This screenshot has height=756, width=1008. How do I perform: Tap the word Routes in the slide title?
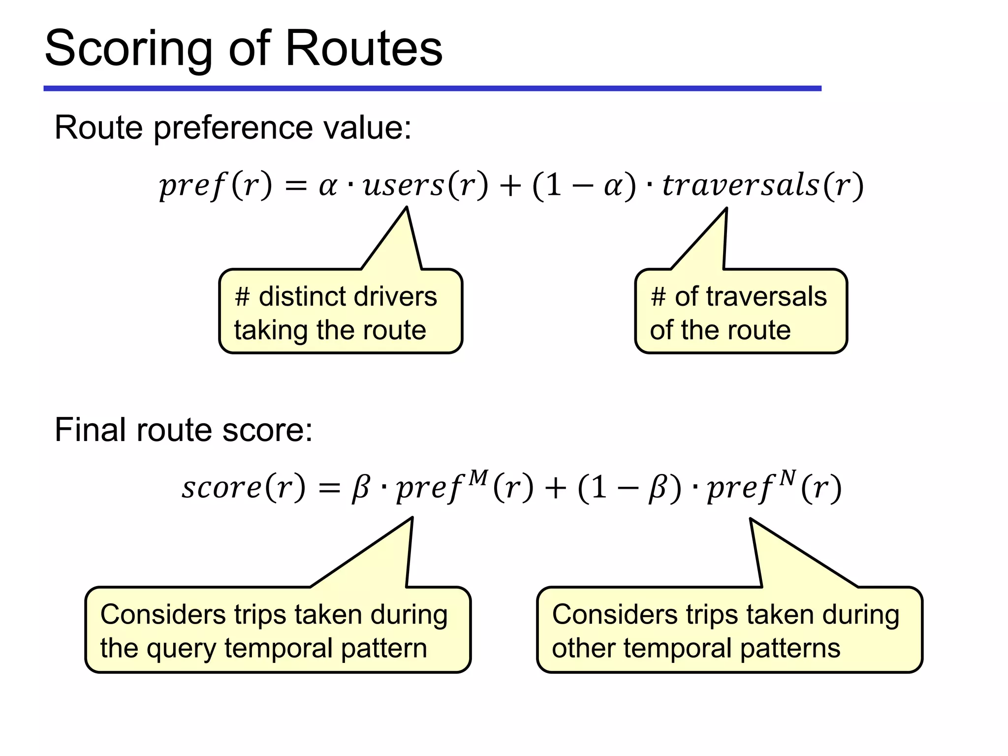(364, 48)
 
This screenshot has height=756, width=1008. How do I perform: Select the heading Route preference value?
(232, 127)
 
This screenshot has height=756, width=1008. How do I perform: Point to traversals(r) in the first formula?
(762, 185)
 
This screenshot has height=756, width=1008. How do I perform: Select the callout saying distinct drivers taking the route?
(341, 312)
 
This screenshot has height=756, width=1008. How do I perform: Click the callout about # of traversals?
(741, 312)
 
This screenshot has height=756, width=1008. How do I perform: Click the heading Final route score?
(183, 430)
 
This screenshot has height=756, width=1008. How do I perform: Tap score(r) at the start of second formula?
(243, 487)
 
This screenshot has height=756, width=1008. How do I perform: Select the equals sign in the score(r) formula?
(329, 489)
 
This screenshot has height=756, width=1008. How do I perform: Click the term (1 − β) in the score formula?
(630, 489)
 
